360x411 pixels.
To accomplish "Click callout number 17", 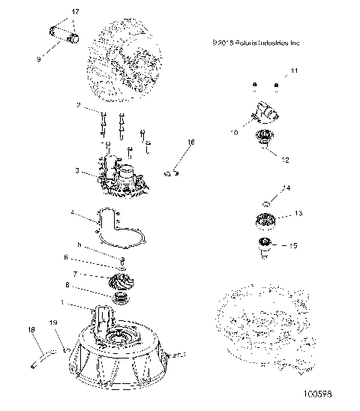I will (x=74, y=13).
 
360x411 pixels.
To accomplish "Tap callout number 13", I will (x=298, y=214).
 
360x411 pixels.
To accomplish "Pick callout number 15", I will (x=293, y=245).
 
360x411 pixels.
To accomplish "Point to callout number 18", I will (x=31, y=330).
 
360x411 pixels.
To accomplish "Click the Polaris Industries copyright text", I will (x=256, y=43).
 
